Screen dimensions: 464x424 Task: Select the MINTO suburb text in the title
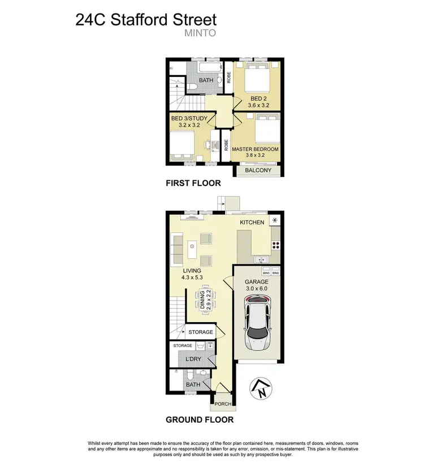pyautogui.click(x=200, y=33)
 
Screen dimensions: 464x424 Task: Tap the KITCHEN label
pyautogui.click(x=252, y=223)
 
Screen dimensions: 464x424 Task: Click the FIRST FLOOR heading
pyautogui.click(x=193, y=183)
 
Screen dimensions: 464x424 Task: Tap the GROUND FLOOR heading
pyautogui.click(x=199, y=420)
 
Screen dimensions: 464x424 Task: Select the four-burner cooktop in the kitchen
pyautogui.click(x=276, y=245)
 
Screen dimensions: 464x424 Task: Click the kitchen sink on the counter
pyautogui.click(x=261, y=259)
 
